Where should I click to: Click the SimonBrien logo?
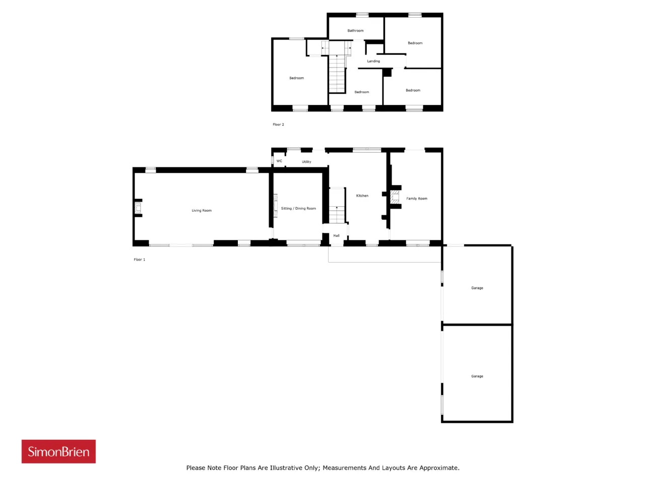[x=58, y=451]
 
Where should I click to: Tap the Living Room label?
[x=202, y=210]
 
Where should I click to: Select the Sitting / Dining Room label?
[x=298, y=208]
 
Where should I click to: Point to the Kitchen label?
[x=362, y=196]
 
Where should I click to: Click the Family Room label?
[x=417, y=198]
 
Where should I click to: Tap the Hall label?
[x=337, y=235]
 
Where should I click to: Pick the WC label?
[x=279, y=161]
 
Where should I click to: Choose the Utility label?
[x=306, y=162]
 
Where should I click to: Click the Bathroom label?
[x=356, y=31]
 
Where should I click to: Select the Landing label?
[x=373, y=61]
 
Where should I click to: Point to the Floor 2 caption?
[x=278, y=125]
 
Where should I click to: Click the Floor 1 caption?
[x=139, y=260]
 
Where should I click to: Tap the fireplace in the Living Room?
[x=138, y=208]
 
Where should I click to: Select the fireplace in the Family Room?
[x=395, y=197]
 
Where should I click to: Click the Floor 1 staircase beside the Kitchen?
[x=337, y=206]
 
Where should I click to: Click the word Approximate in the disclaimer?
[x=439, y=467]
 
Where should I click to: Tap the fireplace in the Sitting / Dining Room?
[x=276, y=206]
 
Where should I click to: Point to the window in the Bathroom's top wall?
[x=362, y=14]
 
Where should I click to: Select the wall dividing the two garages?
[x=477, y=324]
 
